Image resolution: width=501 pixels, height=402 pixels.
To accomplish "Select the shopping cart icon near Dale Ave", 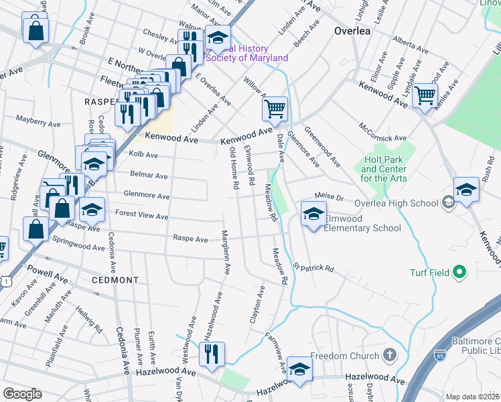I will (x=274, y=109).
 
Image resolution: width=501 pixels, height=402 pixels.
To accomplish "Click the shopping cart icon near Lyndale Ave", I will (x=425, y=96).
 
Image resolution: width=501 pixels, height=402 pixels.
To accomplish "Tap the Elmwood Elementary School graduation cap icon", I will (x=313, y=214).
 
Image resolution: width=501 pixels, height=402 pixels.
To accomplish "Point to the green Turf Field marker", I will (x=459, y=272).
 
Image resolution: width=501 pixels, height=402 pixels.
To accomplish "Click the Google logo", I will (x=22, y=393).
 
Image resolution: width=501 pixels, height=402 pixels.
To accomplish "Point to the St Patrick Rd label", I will (x=313, y=268).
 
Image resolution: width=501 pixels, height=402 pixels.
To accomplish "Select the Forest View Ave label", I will (x=141, y=216).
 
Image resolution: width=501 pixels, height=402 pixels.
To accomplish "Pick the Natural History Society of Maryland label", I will (x=246, y=54).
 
